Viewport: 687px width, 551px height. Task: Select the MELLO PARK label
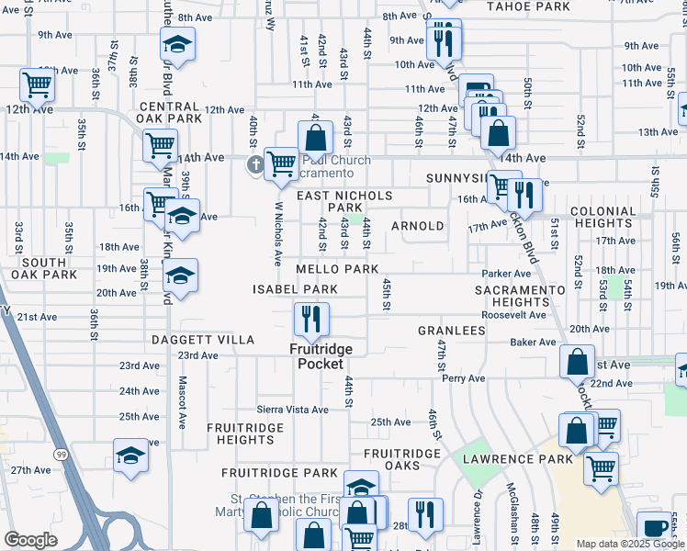point(337,270)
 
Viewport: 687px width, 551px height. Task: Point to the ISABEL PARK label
point(296,289)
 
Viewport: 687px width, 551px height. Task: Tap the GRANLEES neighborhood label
point(452,330)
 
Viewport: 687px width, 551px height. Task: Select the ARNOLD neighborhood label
point(418,226)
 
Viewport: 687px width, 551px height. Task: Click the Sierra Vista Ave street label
point(292,410)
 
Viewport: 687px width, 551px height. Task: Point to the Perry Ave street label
point(463,378)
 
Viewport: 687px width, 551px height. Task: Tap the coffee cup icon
point(654,527)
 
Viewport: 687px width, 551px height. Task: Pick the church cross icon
point(255,165)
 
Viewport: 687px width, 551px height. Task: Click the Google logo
point(30,540)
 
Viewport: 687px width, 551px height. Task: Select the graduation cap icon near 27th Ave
point(130,455)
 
